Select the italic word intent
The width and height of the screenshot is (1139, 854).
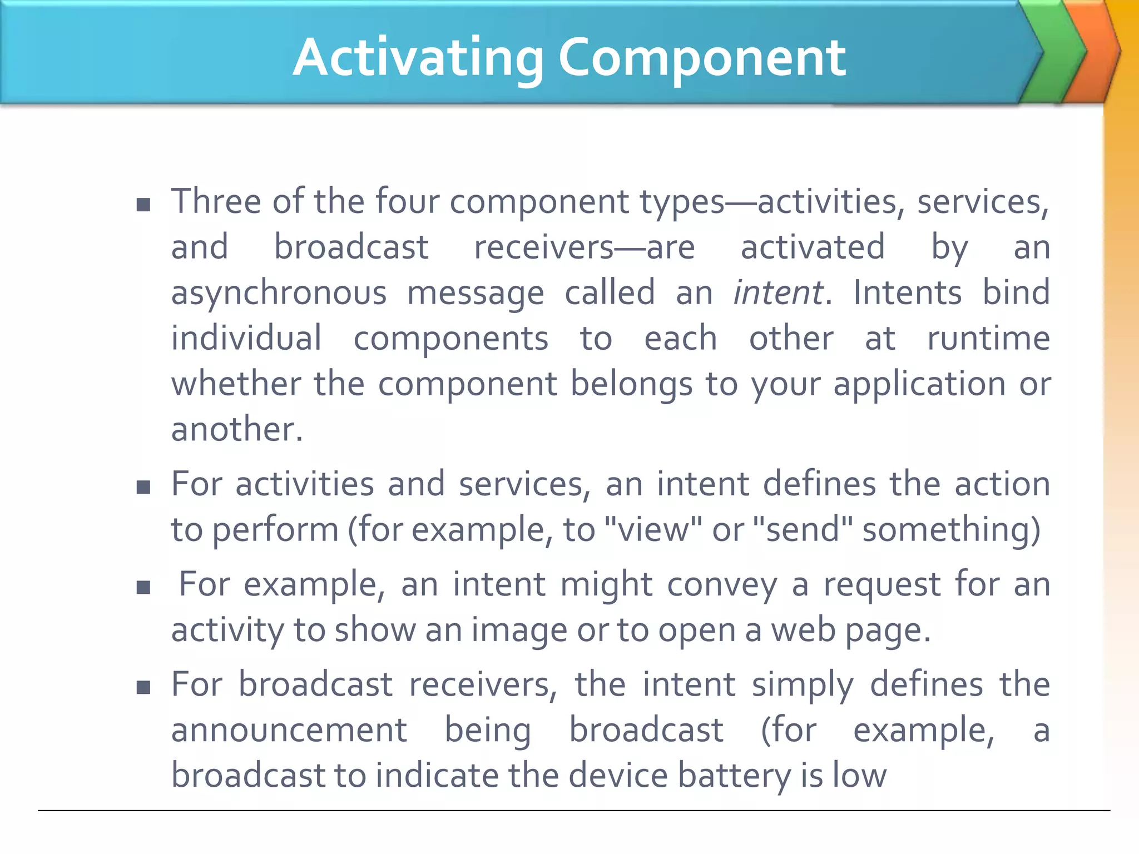[x=778, y=293]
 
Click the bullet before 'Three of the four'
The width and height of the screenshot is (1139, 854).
[x=143, y=205]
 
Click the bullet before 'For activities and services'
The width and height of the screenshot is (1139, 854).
[x=143, y=488]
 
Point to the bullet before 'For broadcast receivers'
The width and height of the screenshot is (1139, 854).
[x=143, y=688]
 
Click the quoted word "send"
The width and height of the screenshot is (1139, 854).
[x=801, y=529]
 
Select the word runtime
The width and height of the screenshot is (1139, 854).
[x=988, y=339]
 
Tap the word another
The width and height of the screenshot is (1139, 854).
[x=237, y=430]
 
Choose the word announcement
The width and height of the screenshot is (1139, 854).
[x=289, y=730]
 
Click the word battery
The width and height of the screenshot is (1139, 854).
[x=735, y=776]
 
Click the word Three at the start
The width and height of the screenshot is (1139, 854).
[x=216, y=201]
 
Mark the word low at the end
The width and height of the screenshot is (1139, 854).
[x=860, y=775]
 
